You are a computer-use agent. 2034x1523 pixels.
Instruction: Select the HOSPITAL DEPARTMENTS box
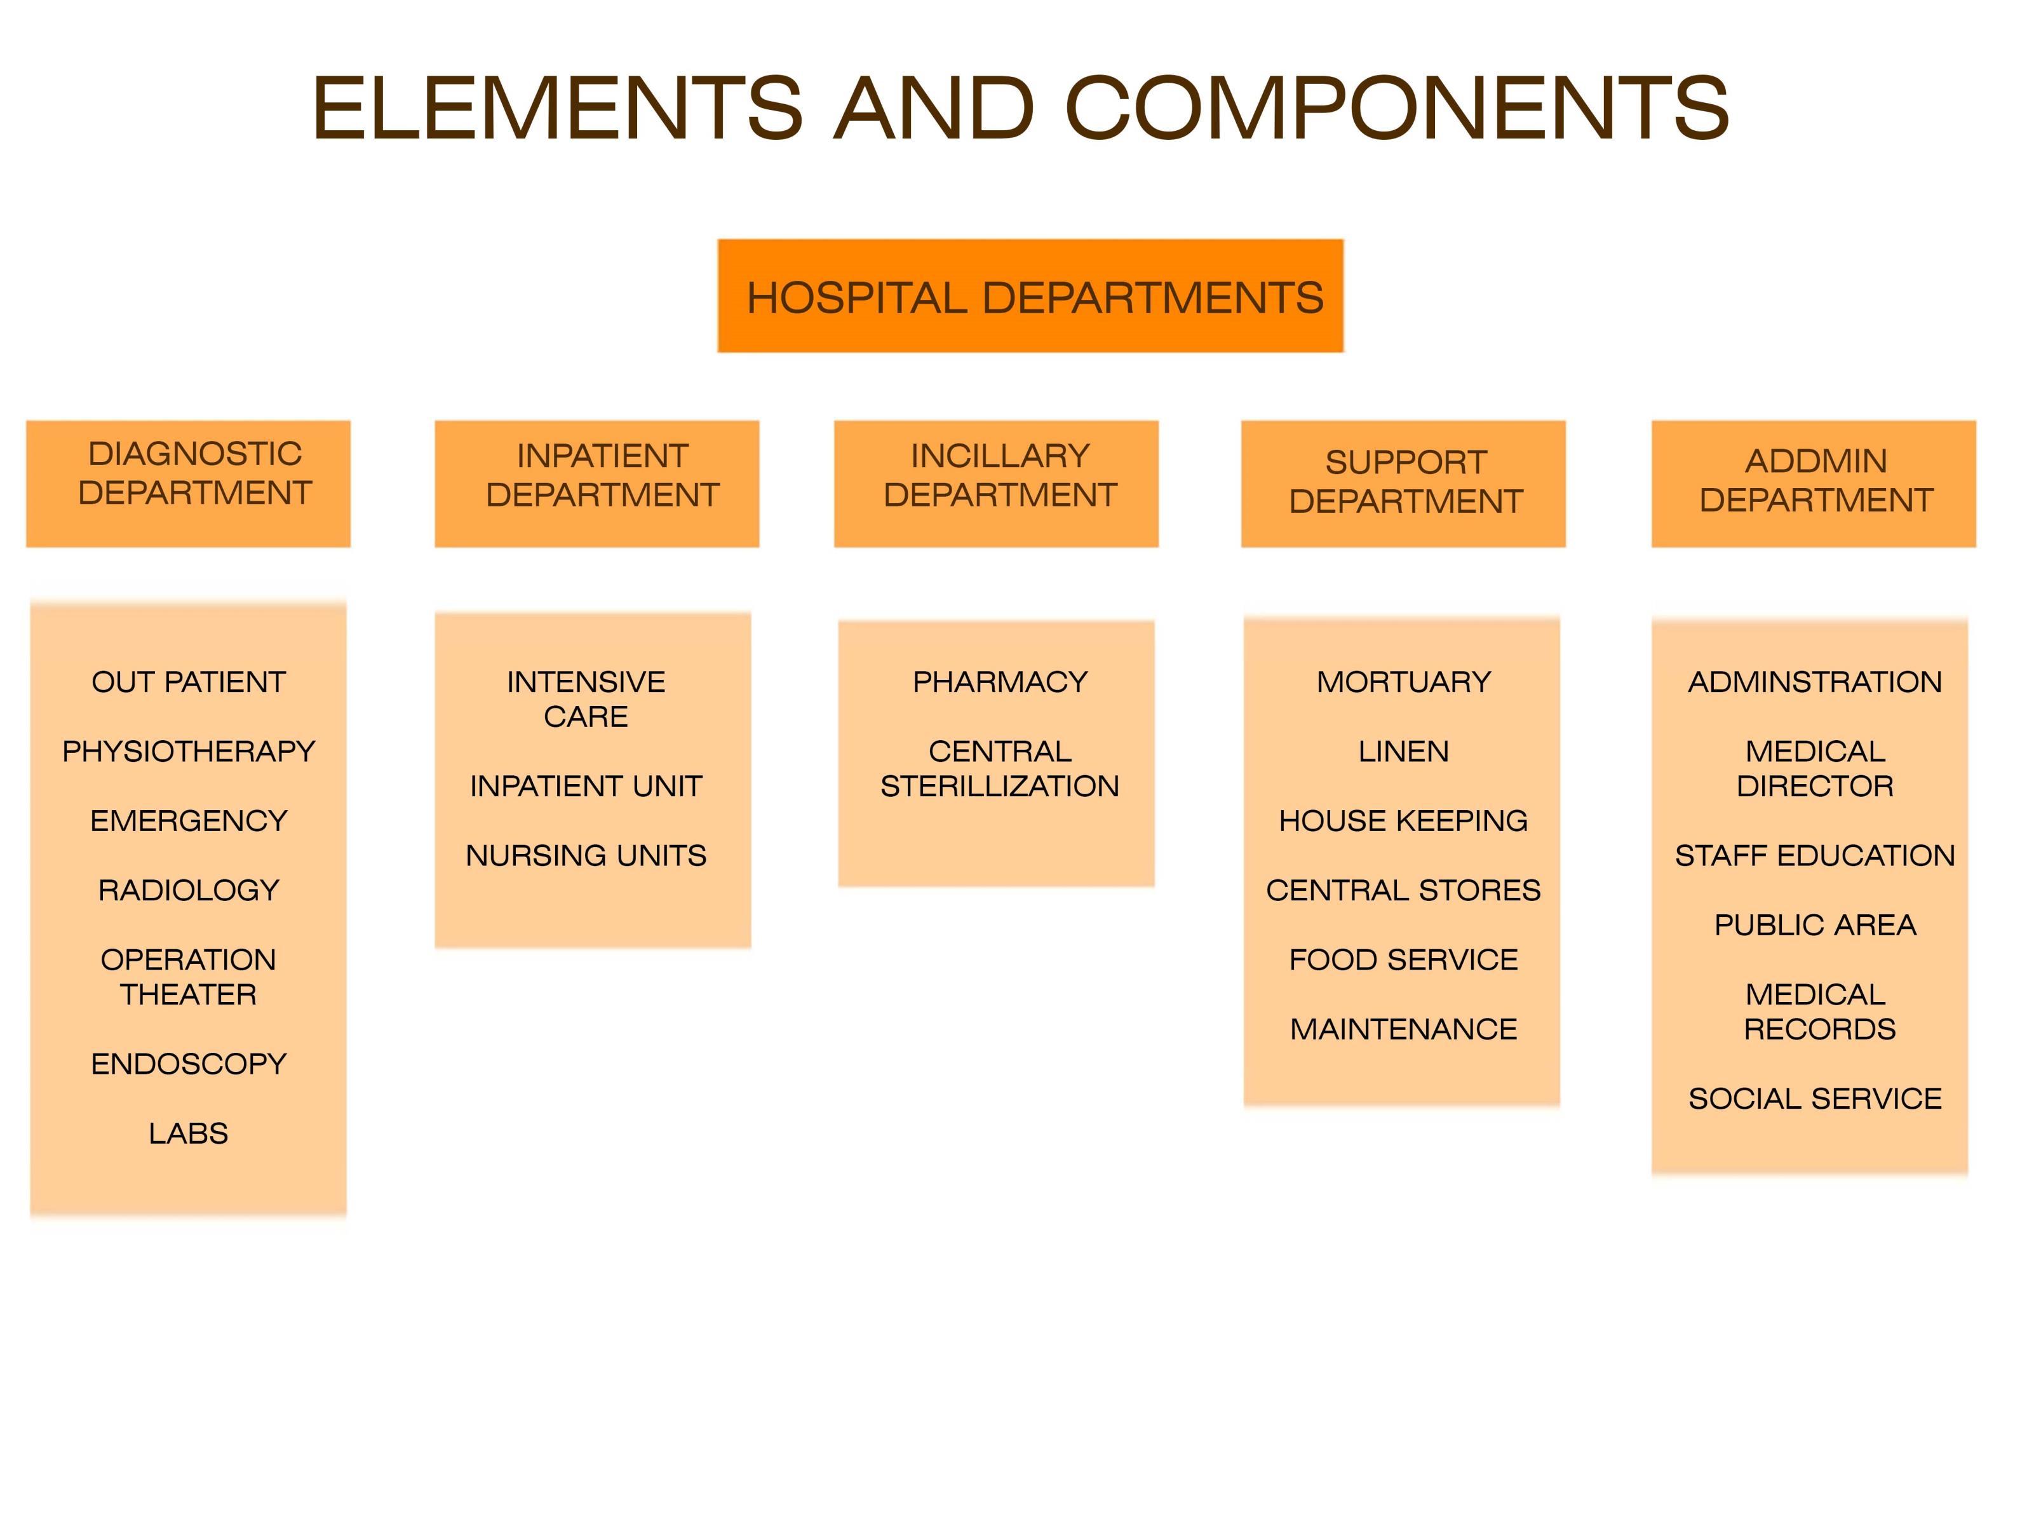1030,296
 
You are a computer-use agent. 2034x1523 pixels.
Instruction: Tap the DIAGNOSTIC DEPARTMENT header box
189,484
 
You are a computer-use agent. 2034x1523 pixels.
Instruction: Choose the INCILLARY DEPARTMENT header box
996,484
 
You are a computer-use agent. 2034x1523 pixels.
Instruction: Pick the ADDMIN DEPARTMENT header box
1814,484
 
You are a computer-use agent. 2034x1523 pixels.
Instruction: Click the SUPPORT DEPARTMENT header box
1403,484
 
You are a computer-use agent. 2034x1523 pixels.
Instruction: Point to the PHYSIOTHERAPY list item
189,752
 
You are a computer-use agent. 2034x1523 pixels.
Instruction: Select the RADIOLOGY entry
189,890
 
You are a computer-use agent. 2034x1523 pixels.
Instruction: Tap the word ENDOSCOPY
189,1064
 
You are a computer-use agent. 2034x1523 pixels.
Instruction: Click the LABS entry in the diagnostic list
189,1133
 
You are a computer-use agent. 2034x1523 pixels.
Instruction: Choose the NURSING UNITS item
586,855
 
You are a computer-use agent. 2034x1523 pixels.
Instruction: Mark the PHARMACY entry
999,682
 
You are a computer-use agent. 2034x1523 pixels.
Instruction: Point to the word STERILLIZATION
999,787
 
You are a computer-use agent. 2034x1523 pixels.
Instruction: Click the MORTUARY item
1403,682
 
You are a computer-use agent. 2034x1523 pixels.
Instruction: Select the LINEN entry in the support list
1403,752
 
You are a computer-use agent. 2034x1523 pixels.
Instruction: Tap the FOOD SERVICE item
1403,959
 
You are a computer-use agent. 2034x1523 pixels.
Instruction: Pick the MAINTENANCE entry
1403,1029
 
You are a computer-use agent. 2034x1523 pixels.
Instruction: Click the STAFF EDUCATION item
1814,855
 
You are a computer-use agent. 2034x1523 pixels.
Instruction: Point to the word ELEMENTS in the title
557,109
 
